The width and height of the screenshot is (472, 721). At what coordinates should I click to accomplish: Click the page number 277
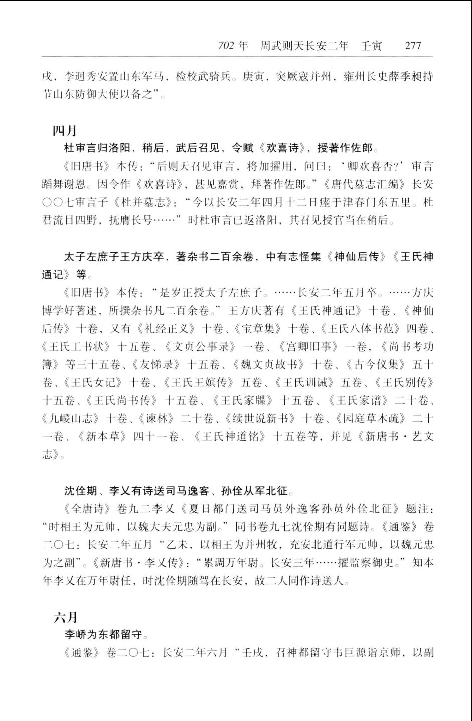412,46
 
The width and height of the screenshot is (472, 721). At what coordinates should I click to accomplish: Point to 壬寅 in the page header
371,46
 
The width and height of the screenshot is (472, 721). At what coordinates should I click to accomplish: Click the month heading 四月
65,131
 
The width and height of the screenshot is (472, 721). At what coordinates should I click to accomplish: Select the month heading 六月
65,617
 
